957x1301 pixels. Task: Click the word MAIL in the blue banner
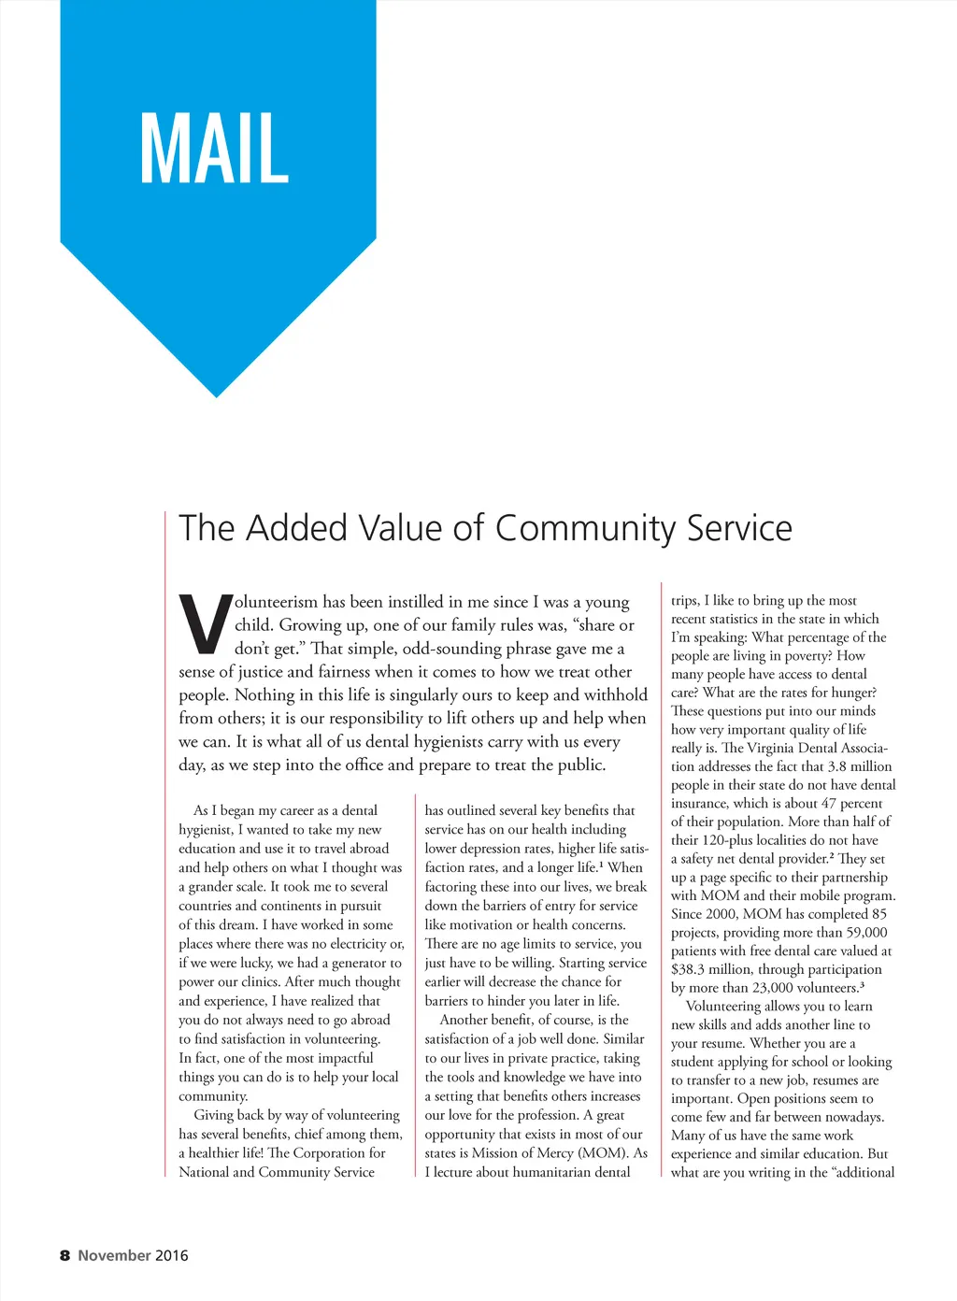click(x=214, y=148)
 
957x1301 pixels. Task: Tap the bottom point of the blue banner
click(x=217, y=395)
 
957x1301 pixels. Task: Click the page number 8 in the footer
click(x=64, y=1255)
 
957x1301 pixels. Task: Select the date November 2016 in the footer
click(x=133, y=1255)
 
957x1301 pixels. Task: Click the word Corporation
click(x=327, y=1152)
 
